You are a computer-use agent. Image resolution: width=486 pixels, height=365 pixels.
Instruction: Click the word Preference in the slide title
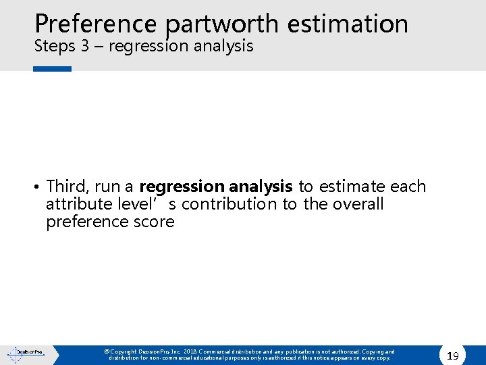pos(97,23)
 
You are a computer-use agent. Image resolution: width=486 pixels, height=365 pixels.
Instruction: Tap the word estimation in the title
pos(348,23)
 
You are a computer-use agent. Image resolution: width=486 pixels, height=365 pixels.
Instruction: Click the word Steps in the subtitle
pos(53,47)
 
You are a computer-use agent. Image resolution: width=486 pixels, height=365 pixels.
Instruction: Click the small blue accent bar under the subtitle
pos(52,68)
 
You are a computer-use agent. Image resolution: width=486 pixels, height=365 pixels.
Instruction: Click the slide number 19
pos(453,355)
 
